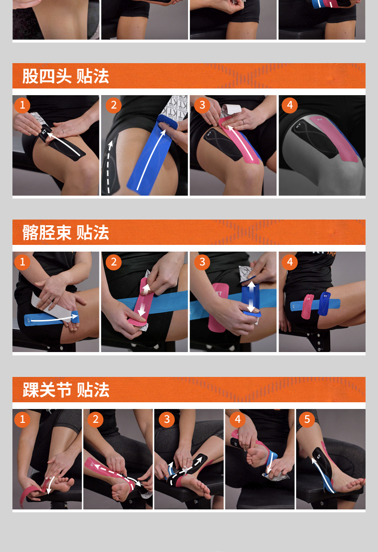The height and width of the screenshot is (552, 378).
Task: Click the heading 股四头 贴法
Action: click(x=66, y=76)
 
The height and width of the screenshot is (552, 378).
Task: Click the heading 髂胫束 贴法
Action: click(x=66, y=232)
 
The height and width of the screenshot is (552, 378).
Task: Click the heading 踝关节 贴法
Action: click(x=66, y=390)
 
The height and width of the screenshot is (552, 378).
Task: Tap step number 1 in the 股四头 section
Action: click(x=22, y=105)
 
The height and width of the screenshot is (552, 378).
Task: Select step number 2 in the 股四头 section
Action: click(x=113, y=105)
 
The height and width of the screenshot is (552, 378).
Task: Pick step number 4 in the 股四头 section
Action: click(x=289, y=105)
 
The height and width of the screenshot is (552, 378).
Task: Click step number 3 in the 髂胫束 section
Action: click(x=202, y=262)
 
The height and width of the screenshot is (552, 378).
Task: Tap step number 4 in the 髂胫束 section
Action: click(x=289, y=262)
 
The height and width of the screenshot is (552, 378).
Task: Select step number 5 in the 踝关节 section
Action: click(x=307, y=420)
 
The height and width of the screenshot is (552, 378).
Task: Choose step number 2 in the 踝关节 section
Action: click(x=96, y=420)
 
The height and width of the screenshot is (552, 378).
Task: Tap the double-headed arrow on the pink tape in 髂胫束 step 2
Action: click(x=144, y=299)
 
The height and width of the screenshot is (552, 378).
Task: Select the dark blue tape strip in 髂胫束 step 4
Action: click(x=324, y=303)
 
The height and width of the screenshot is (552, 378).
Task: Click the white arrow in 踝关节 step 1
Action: click(x=50, y=485)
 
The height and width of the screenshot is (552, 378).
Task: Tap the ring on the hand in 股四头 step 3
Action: click(x=243, y=121)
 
